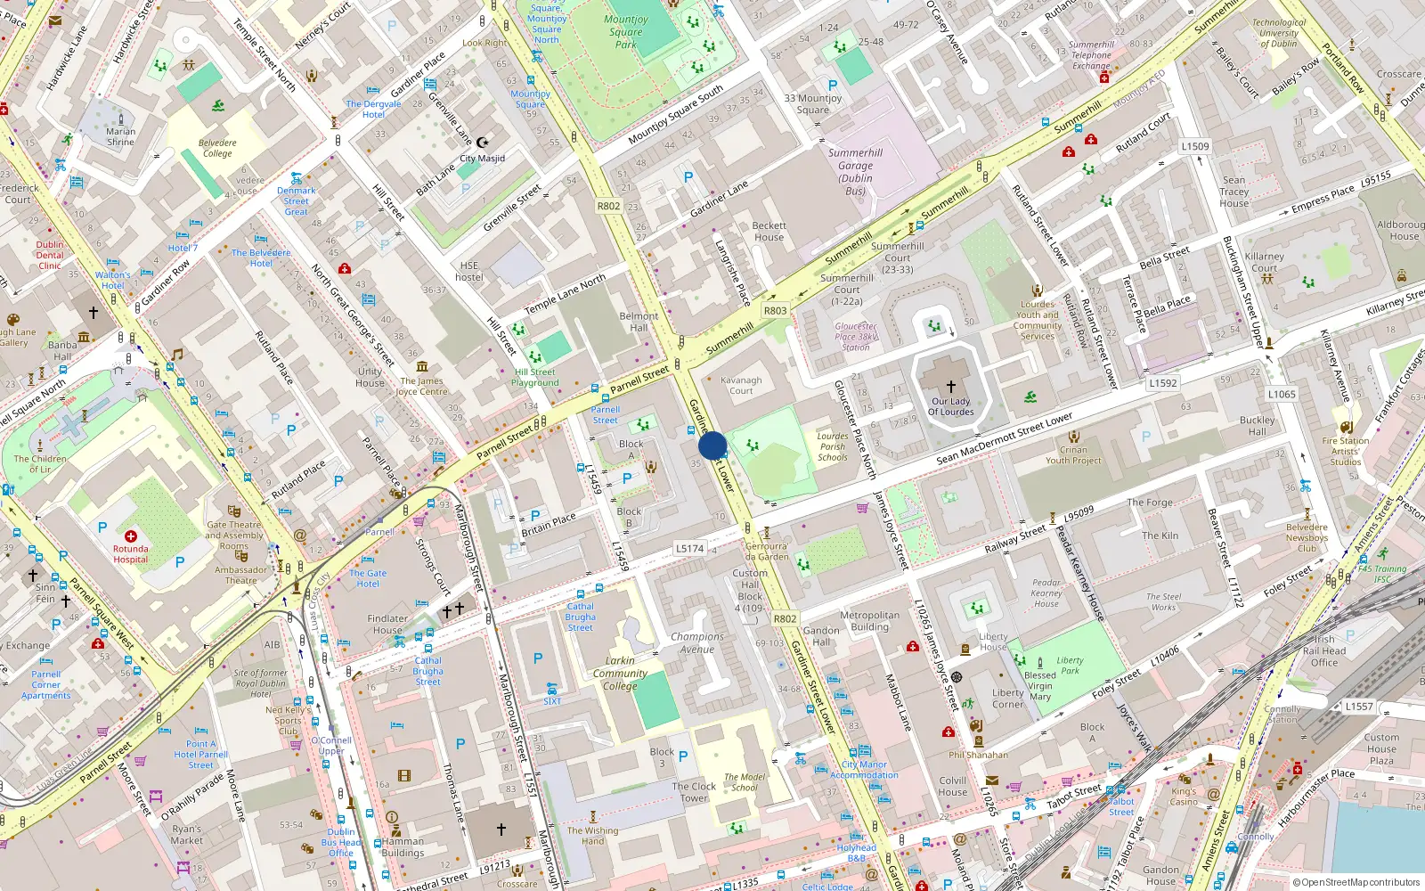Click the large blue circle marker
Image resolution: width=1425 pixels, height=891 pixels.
click(x=712, y=445)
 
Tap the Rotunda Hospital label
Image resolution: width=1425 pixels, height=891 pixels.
click(x=130, y=554)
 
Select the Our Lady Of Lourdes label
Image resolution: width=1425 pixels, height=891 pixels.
click(x=950, y=406)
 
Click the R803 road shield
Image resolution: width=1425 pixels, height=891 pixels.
click(x=775, y=311)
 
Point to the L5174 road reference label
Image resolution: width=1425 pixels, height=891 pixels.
click(x=689, y=549)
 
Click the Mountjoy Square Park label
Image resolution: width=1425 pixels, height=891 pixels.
click(x=626, y=31)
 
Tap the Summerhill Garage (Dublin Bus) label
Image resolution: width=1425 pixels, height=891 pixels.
click(x=855, y=171)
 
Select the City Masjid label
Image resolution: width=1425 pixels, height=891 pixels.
click(x=482, y=159)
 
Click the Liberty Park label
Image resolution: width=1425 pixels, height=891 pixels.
click(x=1070, y=666)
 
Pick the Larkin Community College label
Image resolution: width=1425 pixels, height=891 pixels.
click(x=620, y=674)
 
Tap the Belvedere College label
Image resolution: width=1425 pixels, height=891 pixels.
click(x=217, y=148)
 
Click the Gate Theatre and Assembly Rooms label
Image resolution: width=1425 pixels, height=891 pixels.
click(x=234, y=535)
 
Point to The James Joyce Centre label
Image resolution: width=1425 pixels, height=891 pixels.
click(x=421, y=386)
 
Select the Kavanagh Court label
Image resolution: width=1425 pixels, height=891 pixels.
click(x=741, y=385)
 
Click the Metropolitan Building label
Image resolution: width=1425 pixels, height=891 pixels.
click(x=869, y=621)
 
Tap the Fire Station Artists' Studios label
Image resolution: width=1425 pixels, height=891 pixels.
click(x=1346, y=451)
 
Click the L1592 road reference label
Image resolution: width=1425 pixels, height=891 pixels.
click(x=1162, y=383)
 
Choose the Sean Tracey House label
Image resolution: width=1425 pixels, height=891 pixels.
click(x=1234, y=192)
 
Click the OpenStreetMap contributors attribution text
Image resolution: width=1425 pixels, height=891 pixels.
click(x=1356, y=882)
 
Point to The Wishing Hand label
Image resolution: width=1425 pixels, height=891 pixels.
click(x=592, y=836)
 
